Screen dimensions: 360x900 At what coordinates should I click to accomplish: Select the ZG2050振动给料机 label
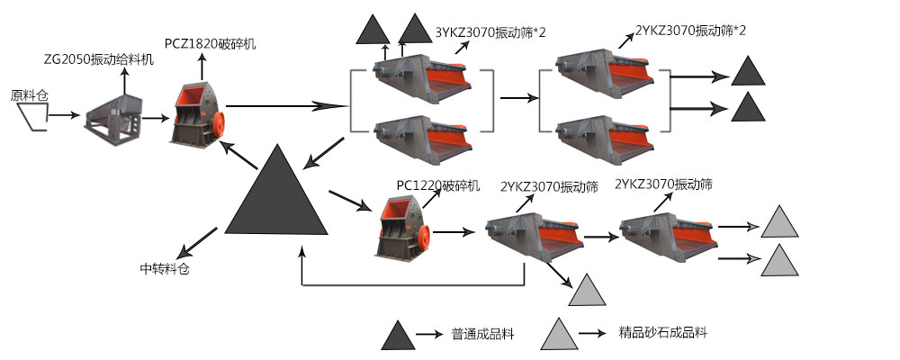pos(99,58)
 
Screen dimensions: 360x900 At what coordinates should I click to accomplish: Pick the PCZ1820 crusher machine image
pos(198,115)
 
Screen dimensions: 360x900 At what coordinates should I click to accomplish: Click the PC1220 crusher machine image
pos(402,227)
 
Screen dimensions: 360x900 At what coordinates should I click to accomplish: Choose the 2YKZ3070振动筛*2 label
pos(691,31)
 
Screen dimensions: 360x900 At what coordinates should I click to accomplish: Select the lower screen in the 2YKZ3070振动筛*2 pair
pos(602,133)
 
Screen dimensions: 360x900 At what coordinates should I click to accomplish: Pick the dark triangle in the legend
pos(397,335)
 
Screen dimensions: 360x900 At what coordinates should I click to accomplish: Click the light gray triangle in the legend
pos(558,334)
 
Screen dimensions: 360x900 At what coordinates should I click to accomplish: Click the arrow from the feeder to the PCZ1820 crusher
pos(155,117)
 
